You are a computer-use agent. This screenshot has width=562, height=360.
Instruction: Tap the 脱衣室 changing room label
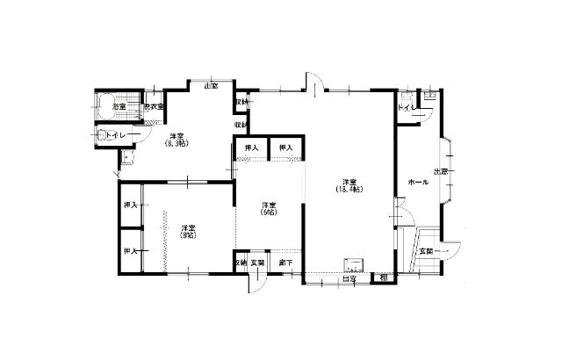tap(155, 106)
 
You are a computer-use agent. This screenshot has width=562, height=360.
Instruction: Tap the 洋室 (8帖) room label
tap(187, 231)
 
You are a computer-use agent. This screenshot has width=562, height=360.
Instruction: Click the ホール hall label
tap(417, 182)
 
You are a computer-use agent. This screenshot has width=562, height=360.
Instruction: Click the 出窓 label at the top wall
tap(211, 85)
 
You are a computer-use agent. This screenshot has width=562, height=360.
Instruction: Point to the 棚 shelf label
tap(384, 278)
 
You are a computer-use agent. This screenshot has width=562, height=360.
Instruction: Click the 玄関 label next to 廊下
tap(257, 263)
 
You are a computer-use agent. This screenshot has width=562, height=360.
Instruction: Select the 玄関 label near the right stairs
tap(427, 251)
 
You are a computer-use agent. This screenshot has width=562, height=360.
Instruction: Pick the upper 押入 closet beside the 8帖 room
tap(130, 205)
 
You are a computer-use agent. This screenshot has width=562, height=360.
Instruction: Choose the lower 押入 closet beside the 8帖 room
tap(130, 252)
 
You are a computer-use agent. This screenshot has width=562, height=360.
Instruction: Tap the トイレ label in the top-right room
tap(405, 107)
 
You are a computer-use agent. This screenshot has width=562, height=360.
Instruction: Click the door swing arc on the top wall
tap(313, 82)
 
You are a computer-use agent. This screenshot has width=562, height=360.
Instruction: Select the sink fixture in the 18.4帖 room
tap(354, 264)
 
